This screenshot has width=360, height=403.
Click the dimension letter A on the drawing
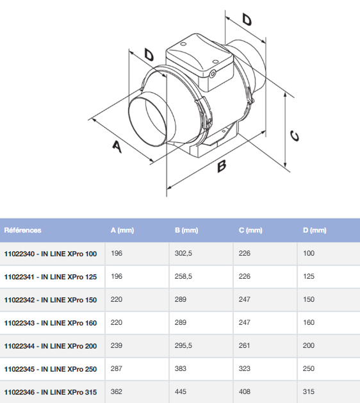pos(116,147)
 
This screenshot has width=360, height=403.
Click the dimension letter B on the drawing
pos(222,167)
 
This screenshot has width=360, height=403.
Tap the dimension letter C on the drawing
pos(295,136)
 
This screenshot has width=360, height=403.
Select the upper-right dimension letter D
pos(247,19)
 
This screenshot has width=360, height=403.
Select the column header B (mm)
pos(186,230)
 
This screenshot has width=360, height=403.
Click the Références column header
pos(22,230)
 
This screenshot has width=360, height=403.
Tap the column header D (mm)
pos(315,230)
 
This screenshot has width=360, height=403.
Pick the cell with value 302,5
pos(183,254)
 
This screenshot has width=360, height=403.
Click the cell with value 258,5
pos(183,277)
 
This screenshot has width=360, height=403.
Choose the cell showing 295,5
pos(183,346)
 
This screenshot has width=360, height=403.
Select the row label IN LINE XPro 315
pos(51,392)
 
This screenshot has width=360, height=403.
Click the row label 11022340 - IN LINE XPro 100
pos(51,254)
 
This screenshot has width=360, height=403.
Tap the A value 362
pos(117,392)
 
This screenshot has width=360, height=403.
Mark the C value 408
pos(244,392)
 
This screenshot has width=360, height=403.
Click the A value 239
pos(117,346)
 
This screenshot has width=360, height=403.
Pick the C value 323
pos(244,369)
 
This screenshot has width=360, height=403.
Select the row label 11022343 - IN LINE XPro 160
pos(51,323)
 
